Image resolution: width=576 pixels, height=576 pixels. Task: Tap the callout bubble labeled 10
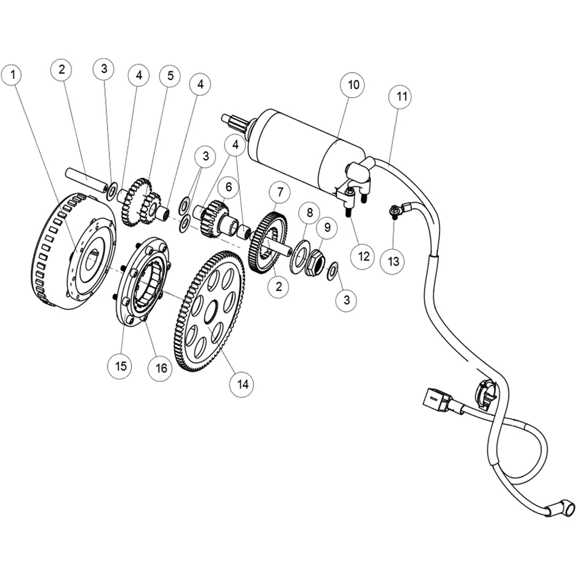coord(353,85)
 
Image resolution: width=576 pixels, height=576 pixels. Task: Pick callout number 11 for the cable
coord(401,97)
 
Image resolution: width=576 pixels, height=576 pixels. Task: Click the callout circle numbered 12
coord(363,256)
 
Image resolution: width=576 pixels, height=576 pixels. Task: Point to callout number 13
coord(393,261)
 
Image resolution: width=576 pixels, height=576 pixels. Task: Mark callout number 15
coord(122,365)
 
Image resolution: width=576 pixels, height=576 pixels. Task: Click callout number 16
coord(160,368)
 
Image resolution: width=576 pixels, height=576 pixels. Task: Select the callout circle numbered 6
coord(229,187)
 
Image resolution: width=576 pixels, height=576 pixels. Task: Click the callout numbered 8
coord(309,213)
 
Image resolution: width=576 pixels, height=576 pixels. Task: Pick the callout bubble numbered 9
coord(326,228)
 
